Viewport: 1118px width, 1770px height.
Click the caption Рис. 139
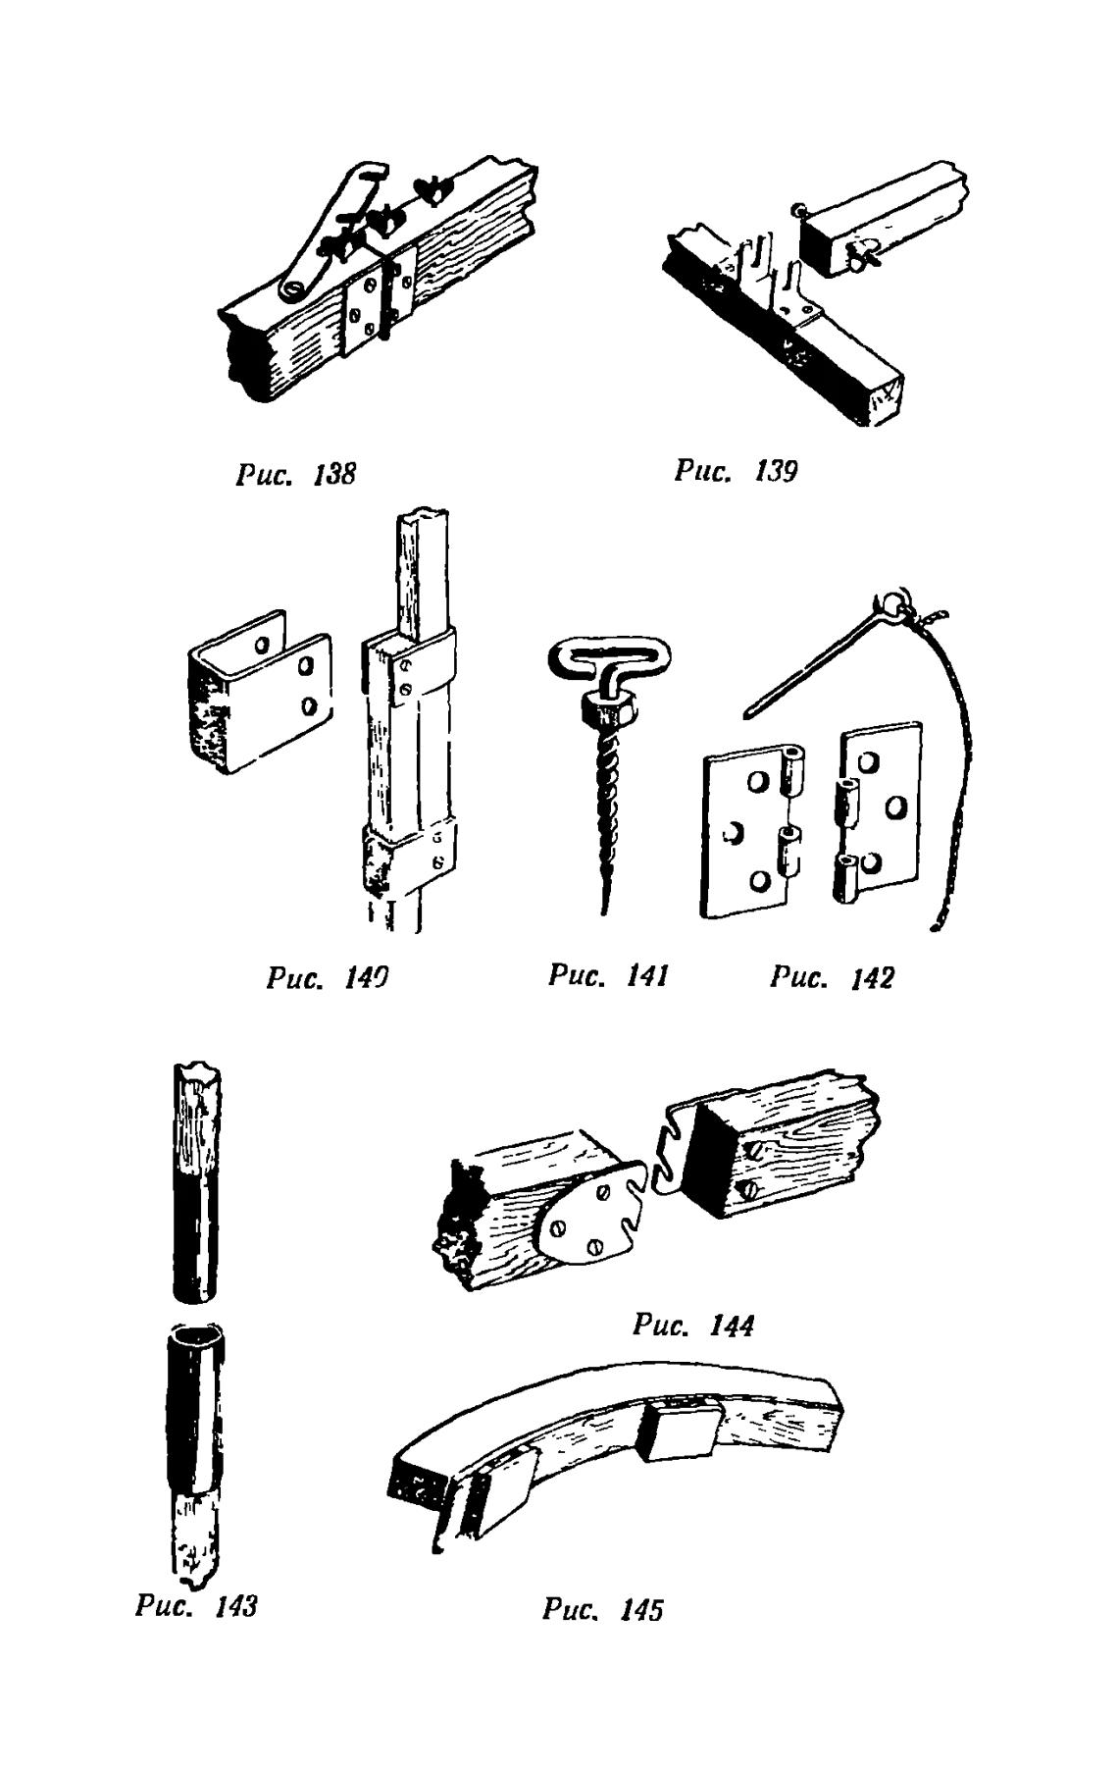click(x=737, y=471)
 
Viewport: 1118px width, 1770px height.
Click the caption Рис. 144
click(x=693, y=1327)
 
